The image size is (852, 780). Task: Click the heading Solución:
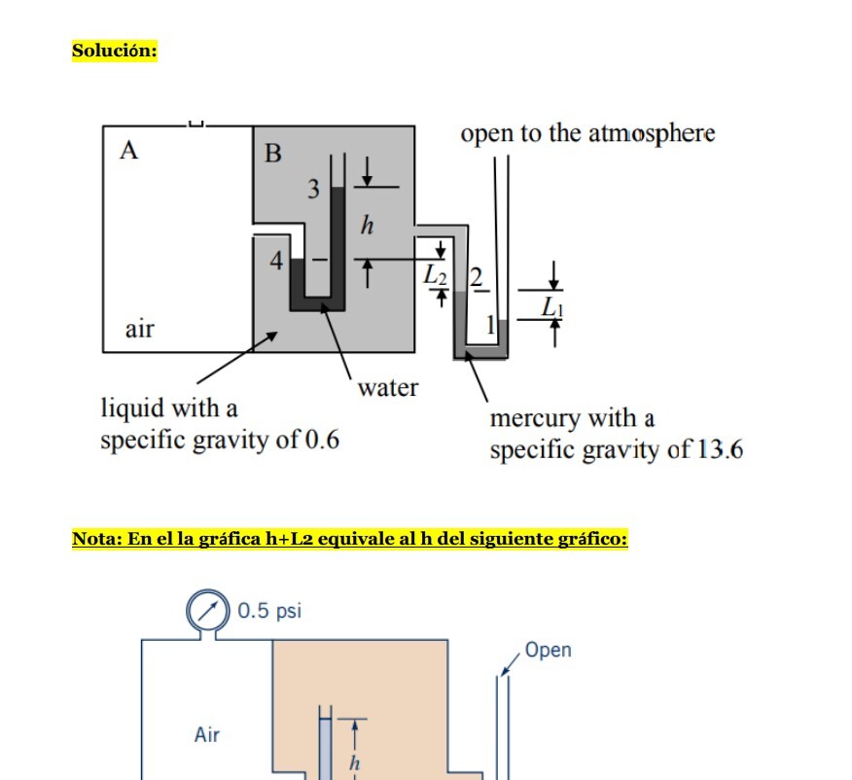pyautogui.click(x=115, y=51)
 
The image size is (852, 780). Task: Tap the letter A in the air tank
pyautogui.click(x=128, y=151)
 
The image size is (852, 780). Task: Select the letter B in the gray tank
pyautogui.click(x=273, y=154)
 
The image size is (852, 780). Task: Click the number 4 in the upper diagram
pyautogui.click(x=277, y=262)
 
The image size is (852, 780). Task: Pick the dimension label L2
pyautogui.click(x=435, y=276)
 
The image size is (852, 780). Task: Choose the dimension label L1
pyautogui.click(x=551, y=307)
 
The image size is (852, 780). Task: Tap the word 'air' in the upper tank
pyautogui.click(x=139, y=329)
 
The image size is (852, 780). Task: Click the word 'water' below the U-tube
pyautogui.click(x=387, y=387)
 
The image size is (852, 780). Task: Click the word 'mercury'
pyautogui.click(x=538, y=419)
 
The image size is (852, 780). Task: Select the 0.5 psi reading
pyautogui.click(x=269, y=611)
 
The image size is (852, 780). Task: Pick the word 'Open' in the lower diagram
pyautogui.click(x=548, y=650)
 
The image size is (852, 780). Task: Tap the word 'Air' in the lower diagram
pyautogui.click(x=206, y=734)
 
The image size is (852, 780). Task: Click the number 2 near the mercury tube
pyautogui.click(x=476, y=276)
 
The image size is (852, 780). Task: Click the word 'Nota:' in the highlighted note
pyautogui.click(x=98, y=539)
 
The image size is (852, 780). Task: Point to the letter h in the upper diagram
pyautogui.click(x=367, y=226)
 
